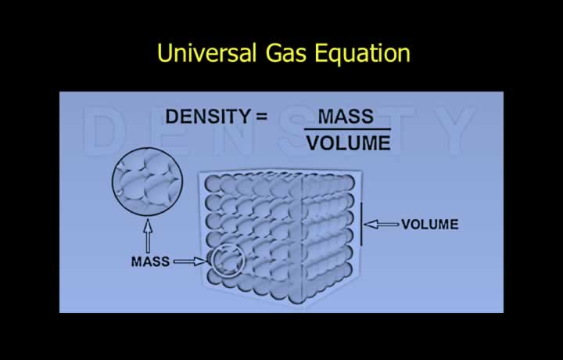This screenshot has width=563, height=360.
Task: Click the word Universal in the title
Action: [x=206, y=52]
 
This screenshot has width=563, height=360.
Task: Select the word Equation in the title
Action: [x=362, y=53]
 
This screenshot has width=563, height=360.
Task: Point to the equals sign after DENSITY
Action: [x=262, y=117]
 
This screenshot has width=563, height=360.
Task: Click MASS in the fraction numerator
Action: [x=346, y=117]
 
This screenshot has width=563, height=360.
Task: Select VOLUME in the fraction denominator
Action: [x=348, y=143]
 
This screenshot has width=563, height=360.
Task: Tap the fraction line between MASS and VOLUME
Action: [x=347, y=129]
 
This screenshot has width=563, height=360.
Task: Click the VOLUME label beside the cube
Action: [x=430, y=225]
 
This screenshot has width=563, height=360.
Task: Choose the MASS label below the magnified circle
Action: [x=150, y=261]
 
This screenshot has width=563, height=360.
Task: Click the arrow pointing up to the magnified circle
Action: [x=148, y=236]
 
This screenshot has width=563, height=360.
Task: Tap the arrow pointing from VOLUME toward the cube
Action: [x=382, y=225]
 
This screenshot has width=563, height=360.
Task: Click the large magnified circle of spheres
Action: [x=147, y=182]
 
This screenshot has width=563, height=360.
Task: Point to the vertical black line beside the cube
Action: [x=361, y=224]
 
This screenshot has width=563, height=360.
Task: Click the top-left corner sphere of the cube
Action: [x=213, y=184]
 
